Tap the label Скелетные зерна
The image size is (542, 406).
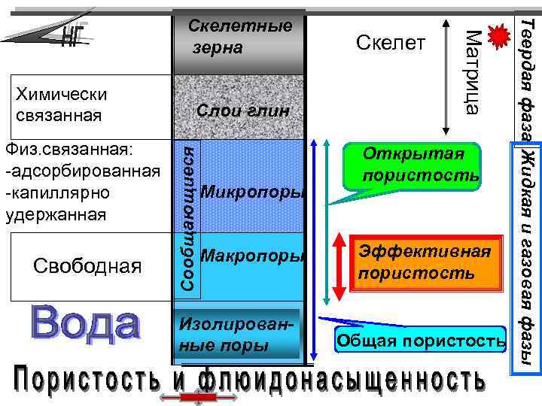point(239,37)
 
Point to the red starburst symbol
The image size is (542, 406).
point(497,37)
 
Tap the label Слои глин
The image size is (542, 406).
point(242,111)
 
